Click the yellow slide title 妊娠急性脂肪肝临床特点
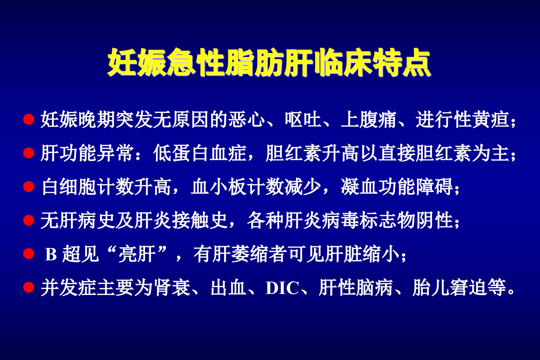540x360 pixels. coord(269,62)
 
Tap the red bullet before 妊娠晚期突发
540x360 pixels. coord(29,119)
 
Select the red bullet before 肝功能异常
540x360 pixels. coord(29,153)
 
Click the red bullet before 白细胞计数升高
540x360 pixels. coord(29,187)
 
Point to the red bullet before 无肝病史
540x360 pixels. coord(29,220)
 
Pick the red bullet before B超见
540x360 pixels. coord(29,254)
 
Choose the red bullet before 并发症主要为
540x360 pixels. coord(29,287)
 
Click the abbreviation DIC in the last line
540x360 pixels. coord(282,288)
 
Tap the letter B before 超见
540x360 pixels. coord(51,254)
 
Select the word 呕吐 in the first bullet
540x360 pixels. coord(303,119)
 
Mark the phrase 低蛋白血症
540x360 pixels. coord(200,153)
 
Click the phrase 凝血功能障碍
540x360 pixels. coord(397,187)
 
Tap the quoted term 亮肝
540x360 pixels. coord(137,254)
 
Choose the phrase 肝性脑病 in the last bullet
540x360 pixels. coord(356,288)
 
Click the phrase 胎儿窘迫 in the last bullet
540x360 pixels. coord(450,288)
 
